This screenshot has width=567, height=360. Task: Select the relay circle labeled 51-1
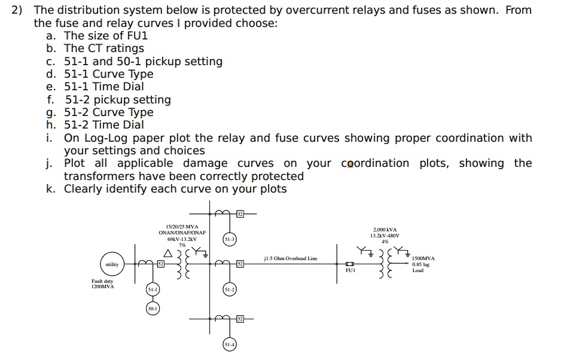[153, 289]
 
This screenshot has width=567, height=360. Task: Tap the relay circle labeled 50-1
[153, 309]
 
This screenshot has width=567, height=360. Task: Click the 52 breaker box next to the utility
[160, 264]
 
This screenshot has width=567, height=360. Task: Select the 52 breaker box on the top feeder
[239, 213]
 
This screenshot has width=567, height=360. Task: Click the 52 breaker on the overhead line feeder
[239, 264]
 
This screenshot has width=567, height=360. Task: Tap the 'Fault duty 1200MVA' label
[102, 284]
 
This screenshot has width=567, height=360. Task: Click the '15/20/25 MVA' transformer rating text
[182, 227]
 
